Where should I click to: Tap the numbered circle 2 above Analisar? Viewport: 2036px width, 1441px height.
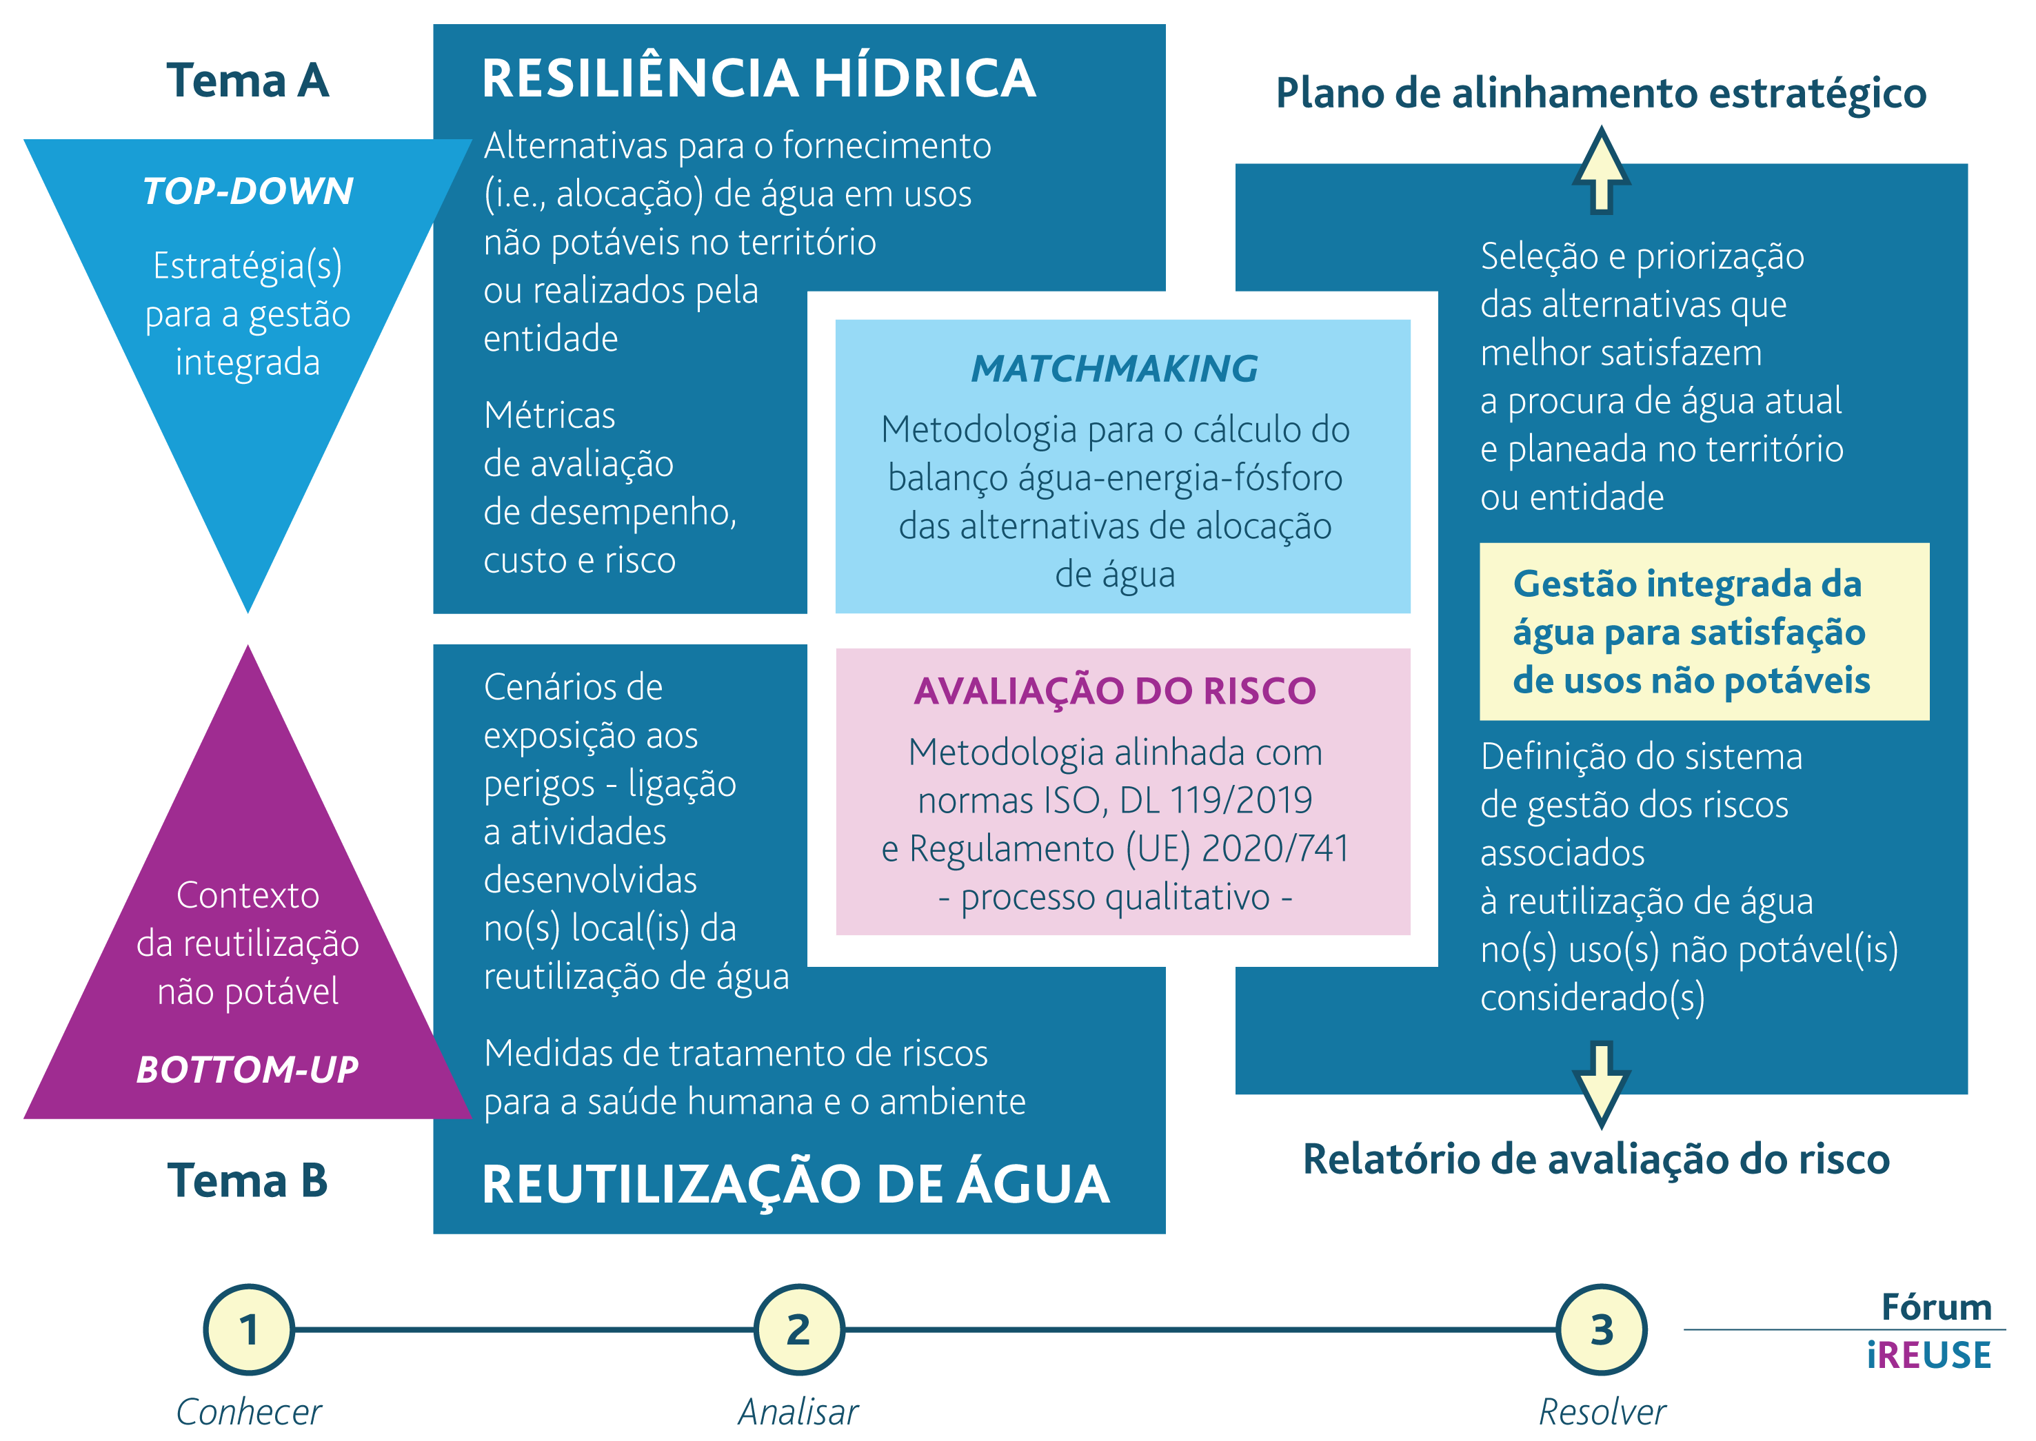(799, 1329)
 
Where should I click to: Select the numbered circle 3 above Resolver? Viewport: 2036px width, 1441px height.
(1602, 1329)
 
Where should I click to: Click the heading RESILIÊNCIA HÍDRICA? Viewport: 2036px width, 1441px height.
(759, 78)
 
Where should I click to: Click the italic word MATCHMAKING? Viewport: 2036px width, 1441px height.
(1115, 368)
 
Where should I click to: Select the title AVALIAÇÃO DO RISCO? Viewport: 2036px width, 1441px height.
(1115, 691)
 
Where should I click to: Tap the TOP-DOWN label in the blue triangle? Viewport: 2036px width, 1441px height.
(248, 191)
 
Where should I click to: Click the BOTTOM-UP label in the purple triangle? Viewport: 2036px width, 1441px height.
(248, 1070)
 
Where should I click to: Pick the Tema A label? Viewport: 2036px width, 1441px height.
(248, 81)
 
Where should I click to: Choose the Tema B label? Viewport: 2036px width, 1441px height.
(248, 1180)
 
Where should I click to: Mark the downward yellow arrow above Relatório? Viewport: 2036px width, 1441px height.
(1601, 1084)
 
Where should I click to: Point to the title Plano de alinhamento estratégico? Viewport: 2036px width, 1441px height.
(1600, 93)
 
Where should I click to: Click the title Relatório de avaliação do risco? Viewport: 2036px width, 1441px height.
(1596, 1159)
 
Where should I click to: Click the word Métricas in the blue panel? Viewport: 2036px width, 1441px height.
(550, 416)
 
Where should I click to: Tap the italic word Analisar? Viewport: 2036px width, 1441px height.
(799, 1411)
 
